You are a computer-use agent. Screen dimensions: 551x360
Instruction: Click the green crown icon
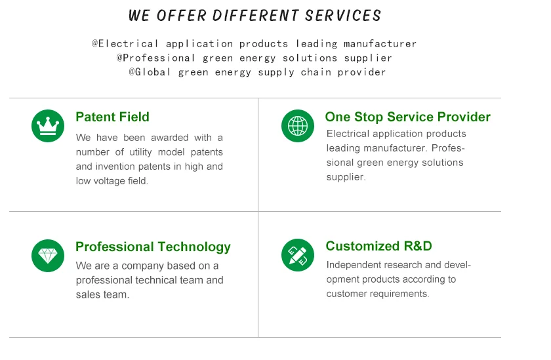[x=48, y=126]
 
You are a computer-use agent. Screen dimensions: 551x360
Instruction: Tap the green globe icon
[x=298, y=126]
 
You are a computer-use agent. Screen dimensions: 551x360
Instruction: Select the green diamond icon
[x=48, y=256]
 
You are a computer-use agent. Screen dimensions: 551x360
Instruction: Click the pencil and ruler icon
[x=298, y=255]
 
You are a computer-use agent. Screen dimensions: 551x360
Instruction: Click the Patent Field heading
[x=112, y=117]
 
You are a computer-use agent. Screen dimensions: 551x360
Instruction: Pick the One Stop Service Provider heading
[x=407, y=117]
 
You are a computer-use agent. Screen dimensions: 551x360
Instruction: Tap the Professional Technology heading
[x=153, y=247]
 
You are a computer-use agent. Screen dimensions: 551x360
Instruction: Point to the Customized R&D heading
[x=379, y=246]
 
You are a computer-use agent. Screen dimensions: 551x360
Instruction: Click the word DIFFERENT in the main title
[x=255, y=16]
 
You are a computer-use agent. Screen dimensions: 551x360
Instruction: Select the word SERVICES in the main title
[x=343, y=16]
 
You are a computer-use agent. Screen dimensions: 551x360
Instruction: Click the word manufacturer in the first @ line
[x=380, y=44]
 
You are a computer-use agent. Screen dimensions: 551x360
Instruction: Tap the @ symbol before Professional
[x=119, y=58]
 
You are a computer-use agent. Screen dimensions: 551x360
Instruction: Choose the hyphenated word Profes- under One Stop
[x=448, y=148]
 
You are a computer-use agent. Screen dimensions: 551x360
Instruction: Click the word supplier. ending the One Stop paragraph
[x=346, y=177]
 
